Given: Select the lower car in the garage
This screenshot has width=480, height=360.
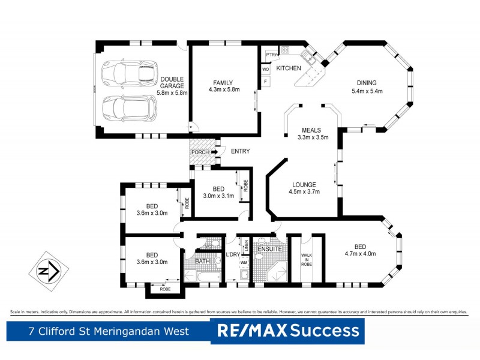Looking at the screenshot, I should [128, 107].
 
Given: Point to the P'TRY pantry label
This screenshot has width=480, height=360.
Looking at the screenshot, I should [272, 55].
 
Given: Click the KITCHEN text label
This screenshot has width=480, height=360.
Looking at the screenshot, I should [289, 68].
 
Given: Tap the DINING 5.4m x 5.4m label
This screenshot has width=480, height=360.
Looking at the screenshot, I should [367, 87].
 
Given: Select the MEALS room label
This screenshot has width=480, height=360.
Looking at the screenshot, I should [311, 133].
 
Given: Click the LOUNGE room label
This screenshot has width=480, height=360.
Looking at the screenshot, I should [304, 188].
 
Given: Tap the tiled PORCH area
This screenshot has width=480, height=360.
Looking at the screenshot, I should [201, 152].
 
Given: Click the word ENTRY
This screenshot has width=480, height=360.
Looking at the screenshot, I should [240, 151].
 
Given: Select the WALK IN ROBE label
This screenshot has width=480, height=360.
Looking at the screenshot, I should [307, 259].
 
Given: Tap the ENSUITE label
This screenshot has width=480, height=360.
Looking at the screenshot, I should [269, 248].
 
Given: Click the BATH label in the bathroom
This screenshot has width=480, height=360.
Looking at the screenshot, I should [202, 262].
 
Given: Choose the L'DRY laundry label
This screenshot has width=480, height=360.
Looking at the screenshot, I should [233, 257].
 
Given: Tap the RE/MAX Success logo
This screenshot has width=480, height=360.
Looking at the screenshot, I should [287, 331].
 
